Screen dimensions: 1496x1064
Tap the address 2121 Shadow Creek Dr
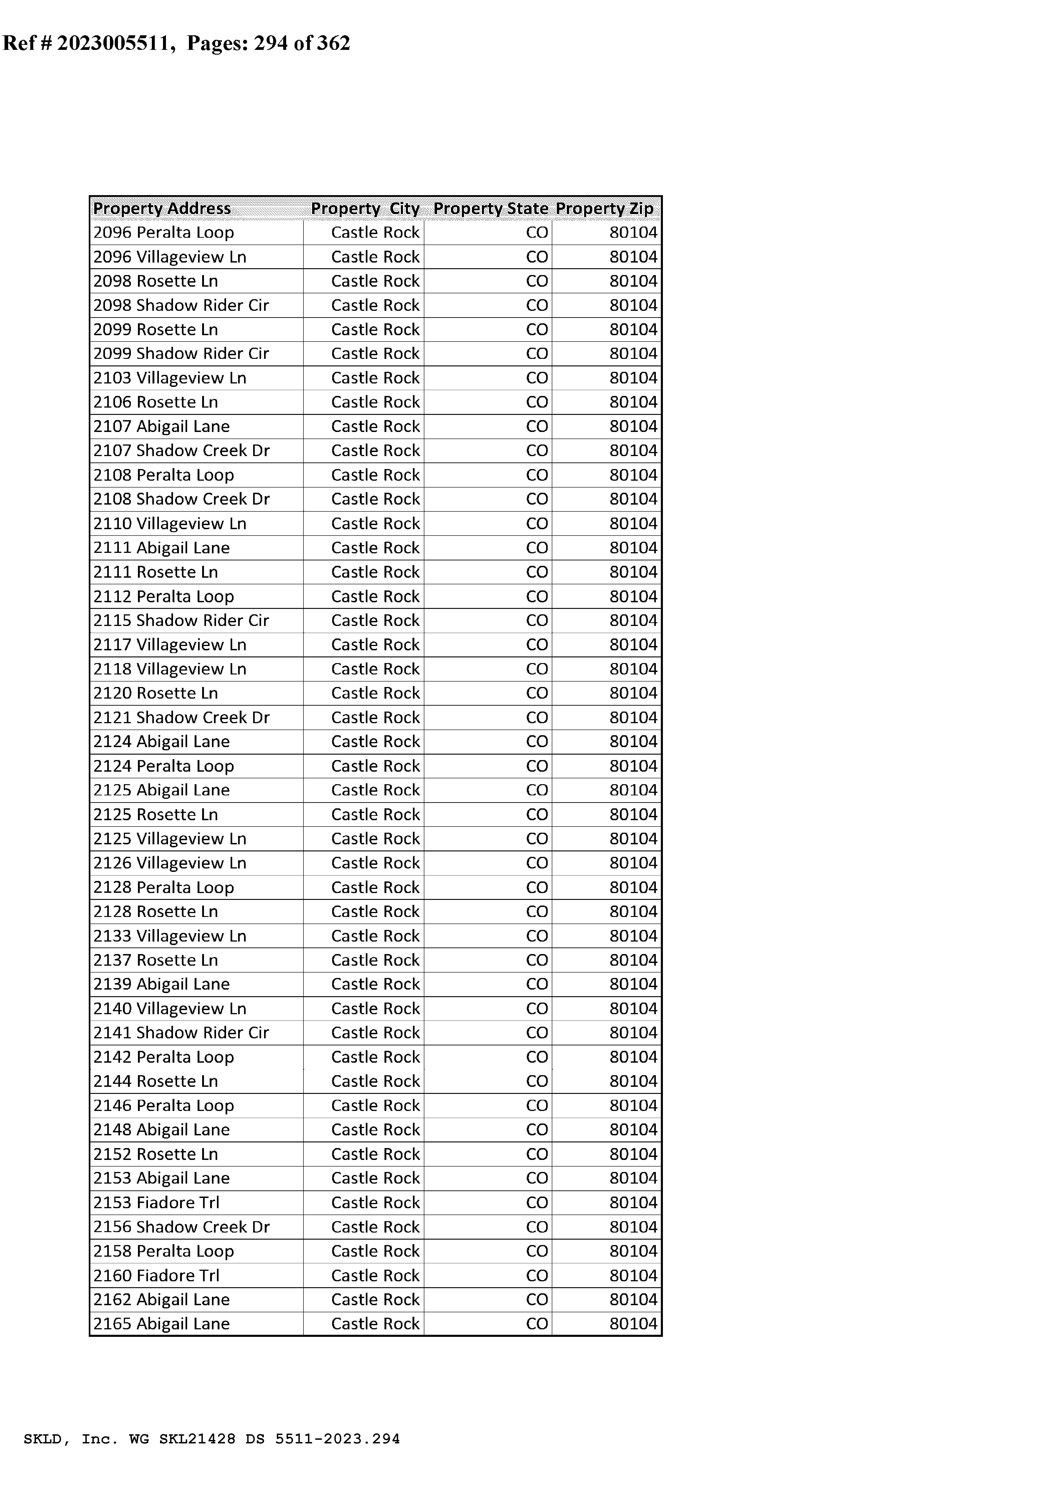[x=181, y=717]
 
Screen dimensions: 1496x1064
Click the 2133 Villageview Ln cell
[x=170, y=936]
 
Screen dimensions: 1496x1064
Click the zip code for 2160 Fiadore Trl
[x=633, y=1275]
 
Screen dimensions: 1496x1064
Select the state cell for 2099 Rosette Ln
[x=537, y=330]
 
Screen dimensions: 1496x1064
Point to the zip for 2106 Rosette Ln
[x=633, y=402]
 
